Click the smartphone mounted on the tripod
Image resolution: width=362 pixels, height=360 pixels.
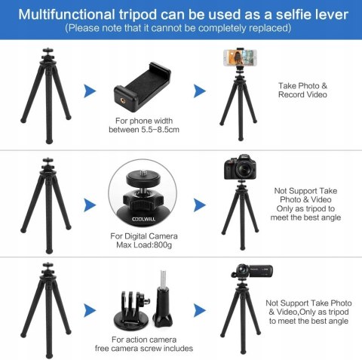(x=240, y=57)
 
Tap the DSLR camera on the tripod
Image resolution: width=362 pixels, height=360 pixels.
(x=240, y=167)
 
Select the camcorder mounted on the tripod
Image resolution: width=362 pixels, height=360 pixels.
(x=252, y=271)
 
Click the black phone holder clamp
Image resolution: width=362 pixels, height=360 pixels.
(x=143, y=87)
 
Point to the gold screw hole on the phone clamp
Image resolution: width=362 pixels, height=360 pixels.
(x=123, y=101)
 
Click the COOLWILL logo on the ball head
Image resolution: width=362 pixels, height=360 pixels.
(x=143, y=220)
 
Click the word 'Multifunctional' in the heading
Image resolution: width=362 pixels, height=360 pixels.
(x=66, y=14)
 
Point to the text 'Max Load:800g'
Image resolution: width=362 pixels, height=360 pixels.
(x=144, y=245)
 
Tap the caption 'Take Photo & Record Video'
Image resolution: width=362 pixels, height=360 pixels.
(x=302, y=90)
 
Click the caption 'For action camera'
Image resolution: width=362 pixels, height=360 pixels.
(x=144, y=340)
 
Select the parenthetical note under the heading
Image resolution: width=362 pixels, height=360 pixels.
(x=178, y=28)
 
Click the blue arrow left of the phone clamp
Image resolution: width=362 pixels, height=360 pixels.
(x=90, y=91)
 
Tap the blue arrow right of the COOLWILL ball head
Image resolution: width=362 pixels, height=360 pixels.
(x=200, y=205)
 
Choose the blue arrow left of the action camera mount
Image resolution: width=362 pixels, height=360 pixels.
(x=90, y=310)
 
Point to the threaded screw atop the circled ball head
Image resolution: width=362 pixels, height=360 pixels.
(x=143, y=173)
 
